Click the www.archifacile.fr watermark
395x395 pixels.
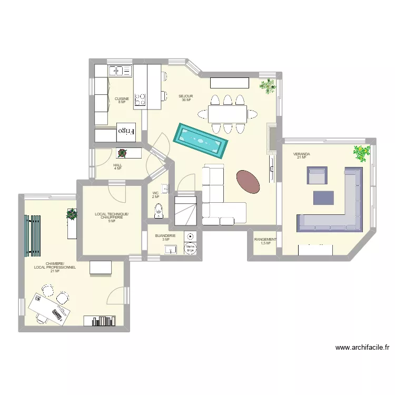(x=362, y=348)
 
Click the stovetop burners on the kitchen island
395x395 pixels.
(x=140, y=100)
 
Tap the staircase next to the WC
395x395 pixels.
(x=185, y=210)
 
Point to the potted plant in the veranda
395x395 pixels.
(x=362, y=153)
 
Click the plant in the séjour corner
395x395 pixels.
(x=268, y=85)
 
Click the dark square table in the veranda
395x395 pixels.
(x=323, y=197)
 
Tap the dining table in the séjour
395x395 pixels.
(x=227, y=113)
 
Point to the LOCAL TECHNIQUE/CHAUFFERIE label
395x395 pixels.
(x=112, y=216)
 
